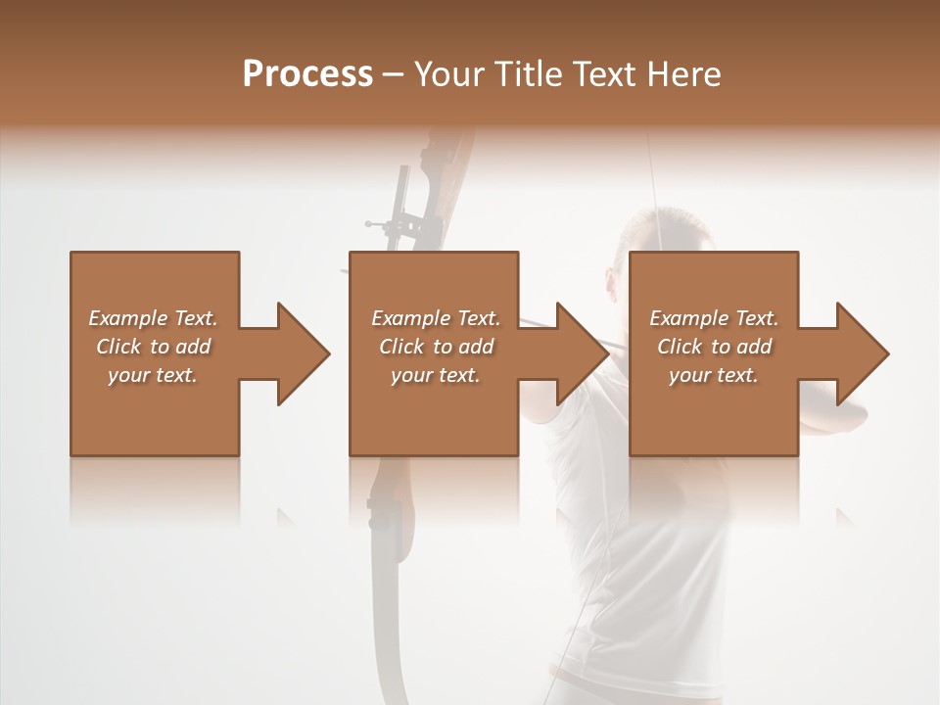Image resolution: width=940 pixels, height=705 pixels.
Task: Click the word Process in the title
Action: [307, 74]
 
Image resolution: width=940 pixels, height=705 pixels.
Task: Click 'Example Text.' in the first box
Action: [154, 318]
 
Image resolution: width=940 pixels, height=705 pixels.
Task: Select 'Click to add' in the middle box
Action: [436, 347]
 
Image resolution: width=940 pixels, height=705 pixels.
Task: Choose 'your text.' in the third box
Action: [714, 375]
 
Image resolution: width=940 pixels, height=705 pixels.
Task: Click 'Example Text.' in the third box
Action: [714, 318]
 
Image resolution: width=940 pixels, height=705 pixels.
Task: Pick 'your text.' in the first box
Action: [154, 375]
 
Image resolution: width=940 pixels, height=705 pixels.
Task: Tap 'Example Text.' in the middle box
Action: [436, 318]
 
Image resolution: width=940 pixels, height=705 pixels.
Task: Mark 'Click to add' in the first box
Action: [154, 347]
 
